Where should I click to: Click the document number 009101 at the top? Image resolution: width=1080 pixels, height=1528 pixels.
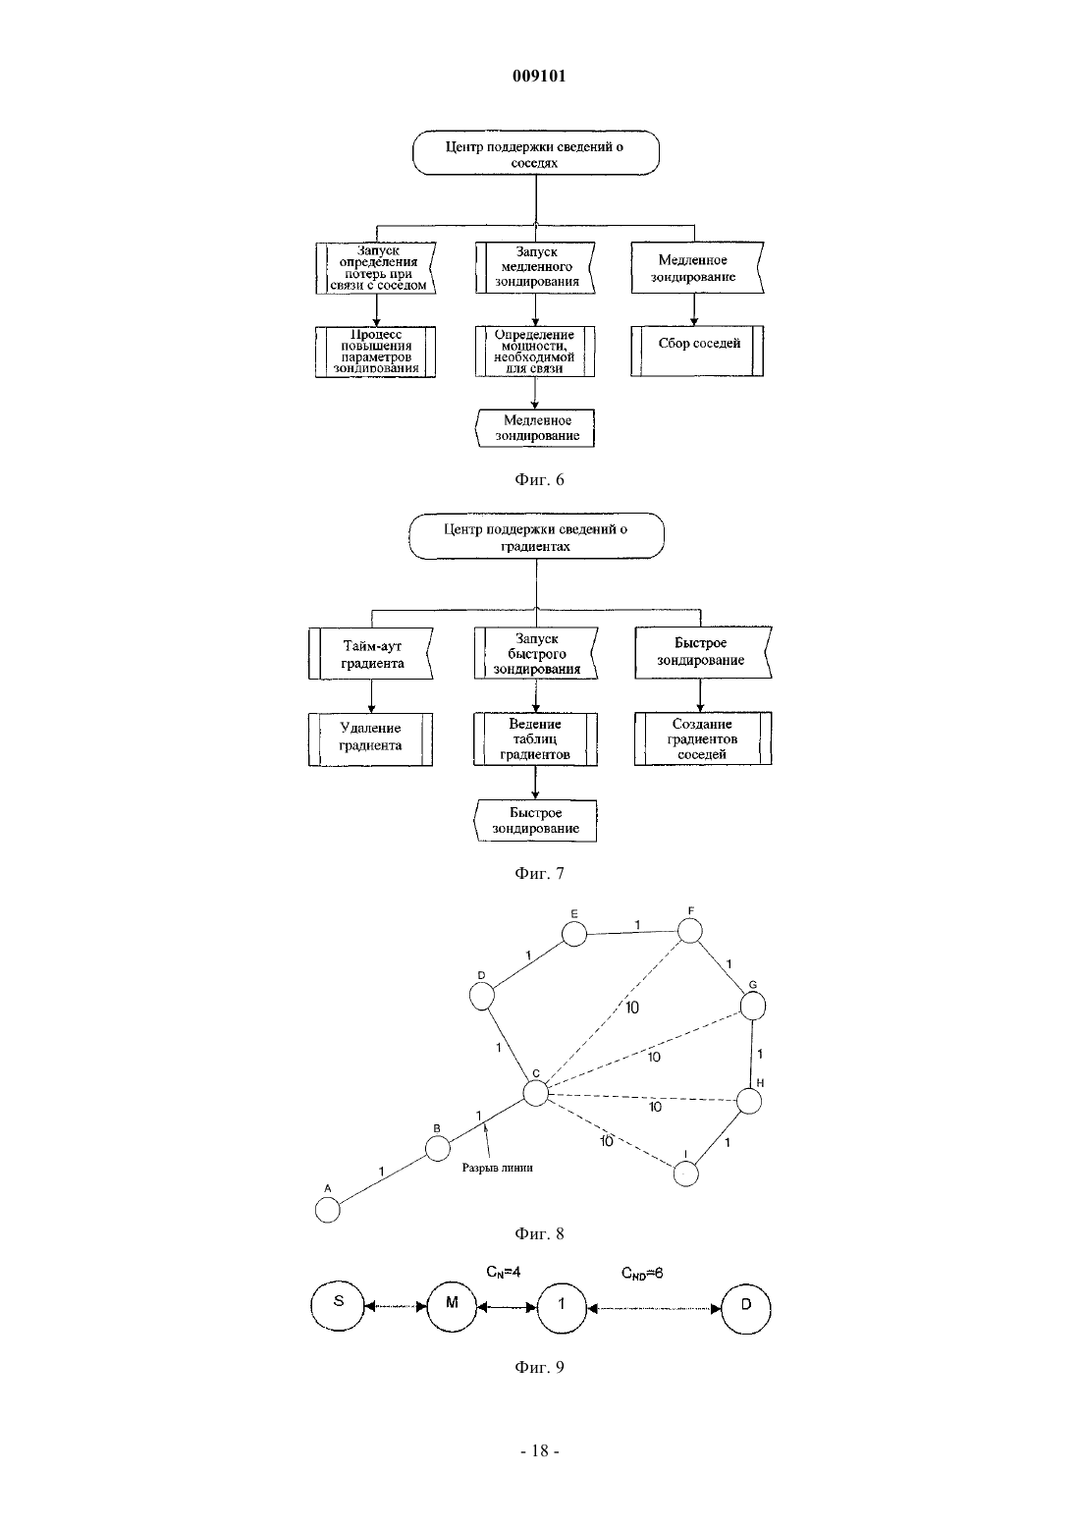[x=539, y=76]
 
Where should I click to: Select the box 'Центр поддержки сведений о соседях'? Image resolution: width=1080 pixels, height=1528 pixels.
[x=536, y=153]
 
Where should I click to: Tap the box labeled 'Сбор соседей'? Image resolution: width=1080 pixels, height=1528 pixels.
[x=697, y=351]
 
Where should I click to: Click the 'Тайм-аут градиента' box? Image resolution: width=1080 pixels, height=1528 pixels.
[x=371, y=653]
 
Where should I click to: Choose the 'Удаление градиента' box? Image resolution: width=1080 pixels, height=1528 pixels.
[x=370, y=739]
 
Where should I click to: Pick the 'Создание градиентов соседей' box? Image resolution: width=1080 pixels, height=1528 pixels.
[x=703, y=738]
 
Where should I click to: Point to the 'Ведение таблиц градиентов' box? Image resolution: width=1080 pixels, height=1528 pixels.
[x=535, y=739]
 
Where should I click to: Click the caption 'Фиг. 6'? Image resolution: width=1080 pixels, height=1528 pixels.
[x=539, y=479]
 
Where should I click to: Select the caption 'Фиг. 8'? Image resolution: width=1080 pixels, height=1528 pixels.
[x=539, y=1233]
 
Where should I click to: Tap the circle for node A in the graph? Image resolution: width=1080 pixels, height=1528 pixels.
[x=328, y=1210]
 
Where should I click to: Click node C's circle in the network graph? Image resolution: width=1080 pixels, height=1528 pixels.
[x=536, y=1093]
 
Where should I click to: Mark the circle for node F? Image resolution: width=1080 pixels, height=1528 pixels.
[x=690, y=930]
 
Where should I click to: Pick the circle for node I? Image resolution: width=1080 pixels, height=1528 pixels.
[x=686, y=1173]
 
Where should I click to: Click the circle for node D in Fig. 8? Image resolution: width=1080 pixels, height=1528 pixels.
[x=482, y=997]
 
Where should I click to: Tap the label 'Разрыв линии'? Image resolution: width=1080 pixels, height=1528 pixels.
[x=497, y=1168]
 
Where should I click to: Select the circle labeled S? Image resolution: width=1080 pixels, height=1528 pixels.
[x=338, y=1306]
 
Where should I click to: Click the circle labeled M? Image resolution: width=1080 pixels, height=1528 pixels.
[x=452, y=1307]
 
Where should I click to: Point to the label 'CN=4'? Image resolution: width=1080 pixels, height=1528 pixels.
[x=503, y=1272]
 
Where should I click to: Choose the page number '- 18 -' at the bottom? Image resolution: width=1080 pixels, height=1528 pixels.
[x=539, y=1451]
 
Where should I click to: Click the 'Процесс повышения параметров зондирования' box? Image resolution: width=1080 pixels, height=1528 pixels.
[x=376, y=352]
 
